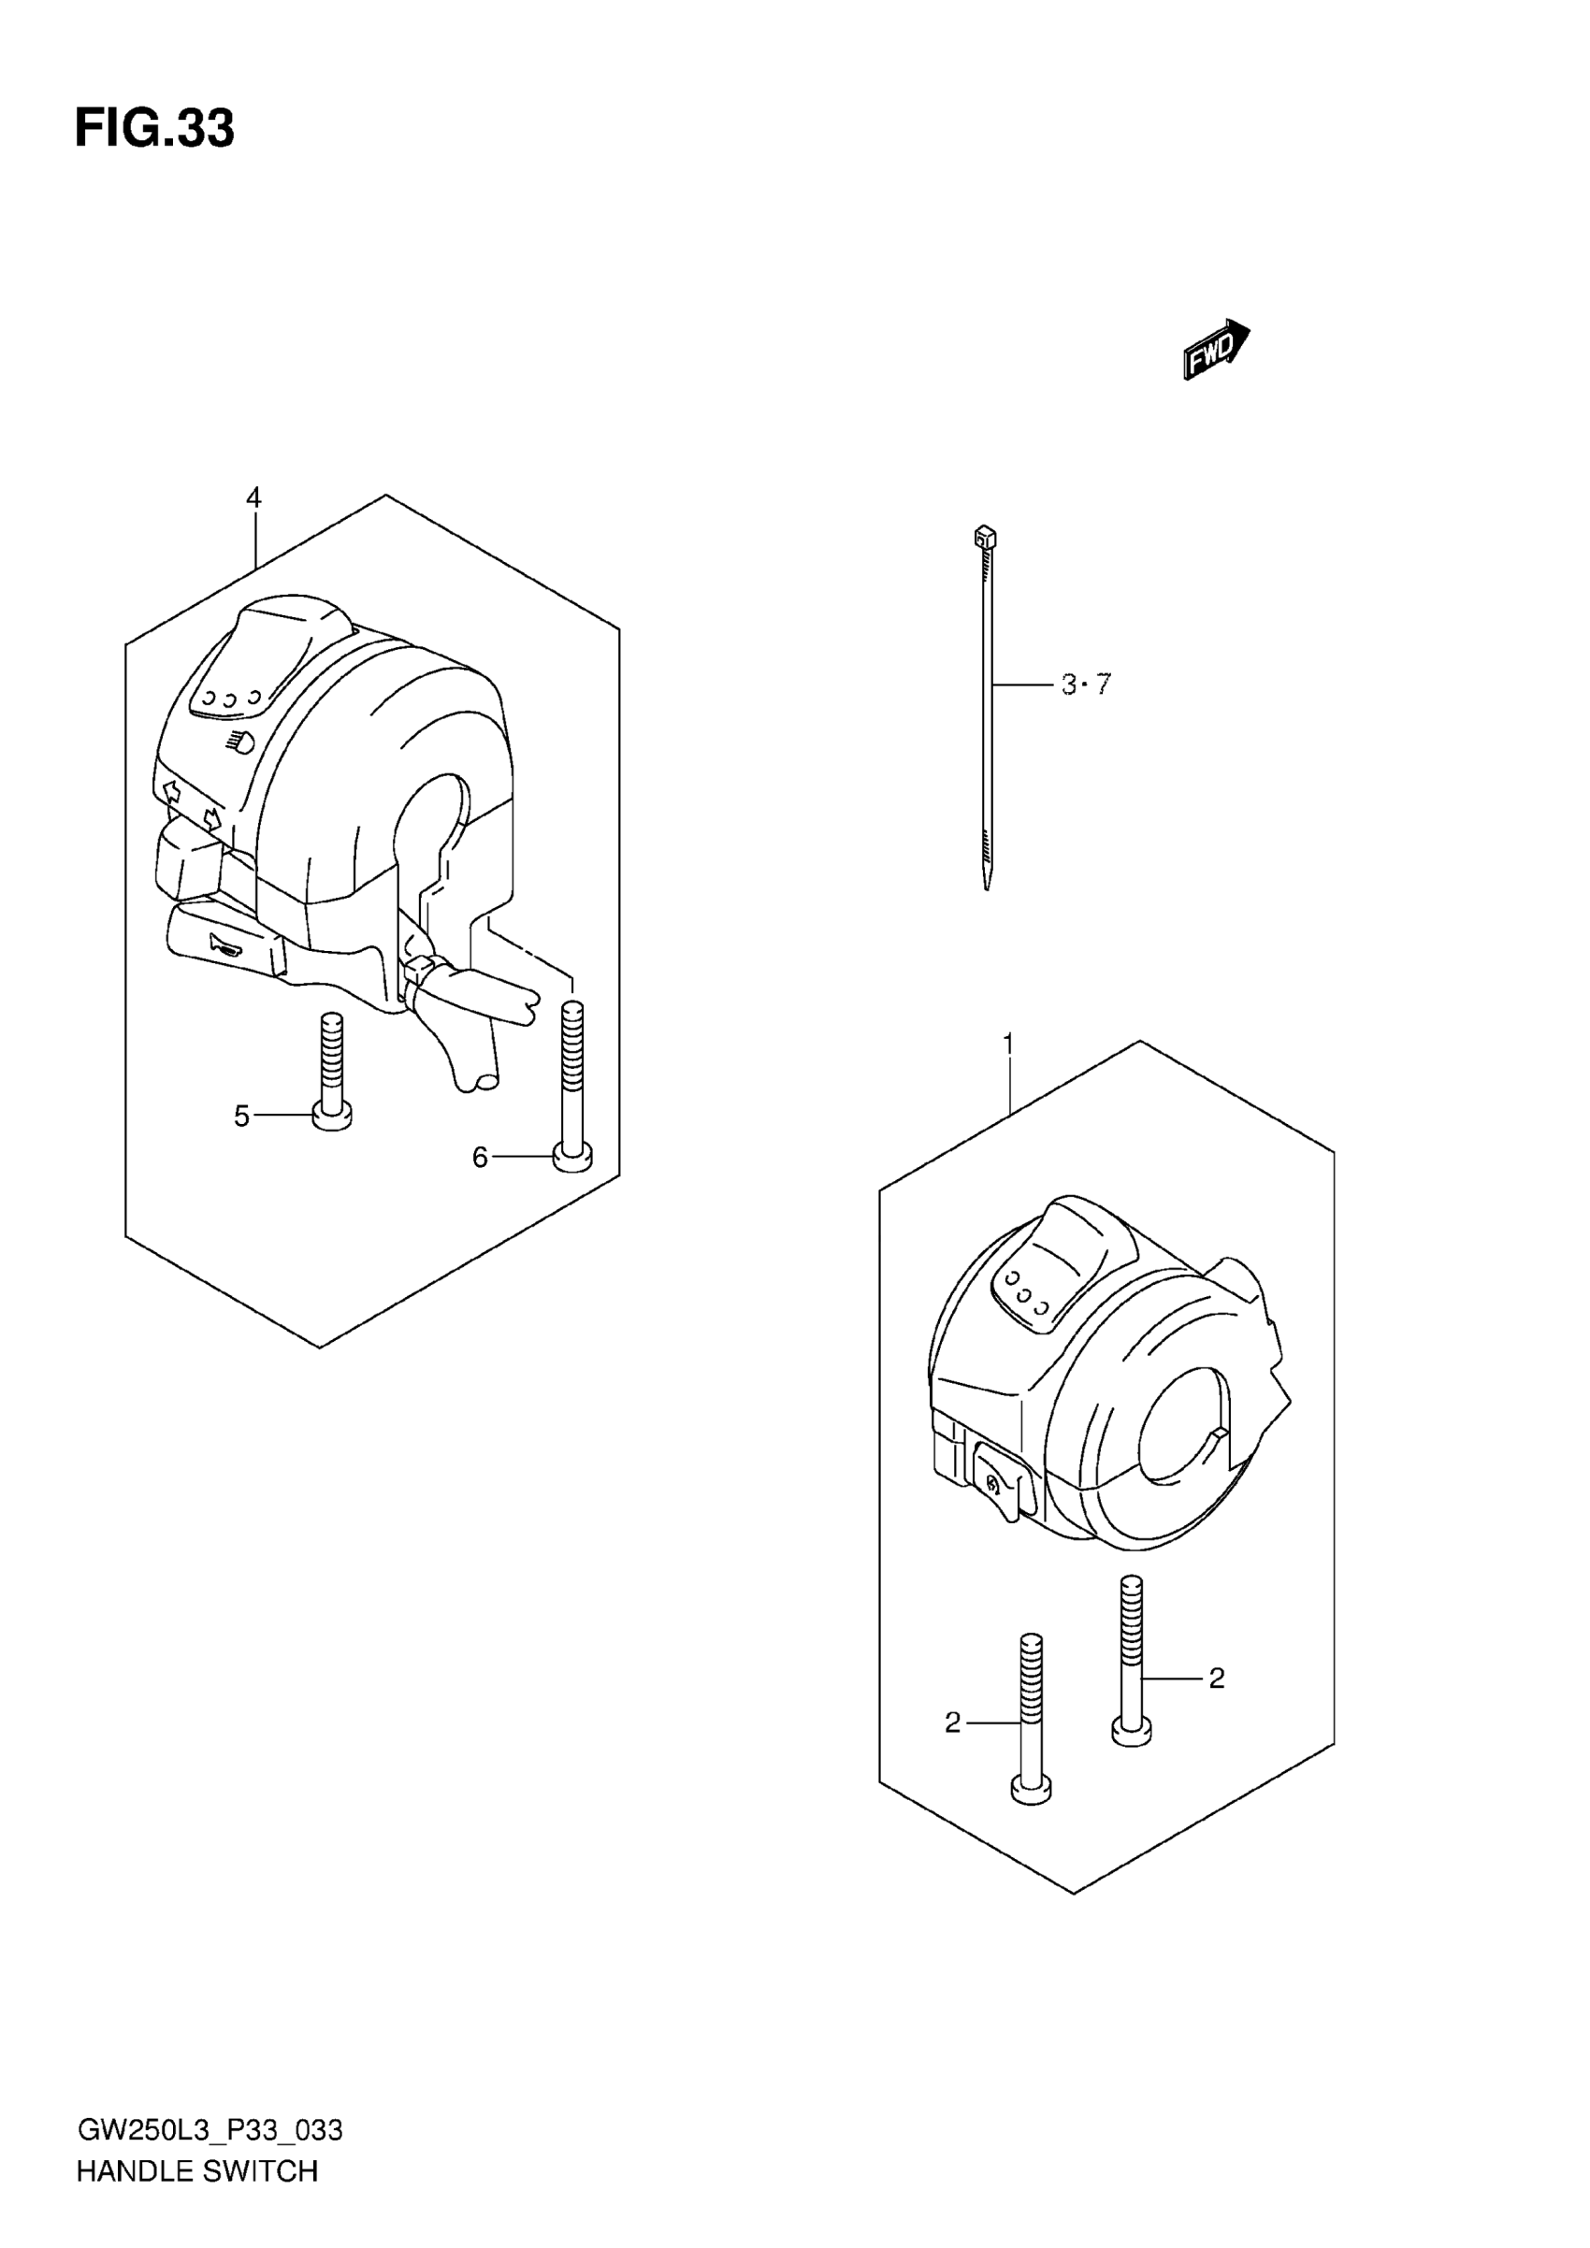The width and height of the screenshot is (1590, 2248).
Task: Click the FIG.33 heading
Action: pyautogui.click(x=154, y=129)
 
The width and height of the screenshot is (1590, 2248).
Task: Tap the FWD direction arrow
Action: pyautogui.click(x=1216, y=350)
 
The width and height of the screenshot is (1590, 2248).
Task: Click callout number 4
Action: pyautogui.click(x=253, y=498)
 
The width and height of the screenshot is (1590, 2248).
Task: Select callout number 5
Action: pyautogui.click(x=242, y=1116)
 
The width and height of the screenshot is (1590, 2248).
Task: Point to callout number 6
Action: pyautogui.click(x=480, y=1158)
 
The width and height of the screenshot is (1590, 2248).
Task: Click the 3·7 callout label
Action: pyautogui.click(x=1087, y=684)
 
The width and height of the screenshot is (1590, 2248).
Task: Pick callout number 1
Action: pyautogui.click(x=1007, y=1045)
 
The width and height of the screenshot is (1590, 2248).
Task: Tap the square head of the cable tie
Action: pyautogui.click(x=985, y=537)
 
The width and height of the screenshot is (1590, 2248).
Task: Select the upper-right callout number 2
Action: pyautogui.click(x=1216, y=1679)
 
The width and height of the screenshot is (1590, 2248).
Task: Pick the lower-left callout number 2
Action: pyautogui.click(x=953, y=1723)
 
